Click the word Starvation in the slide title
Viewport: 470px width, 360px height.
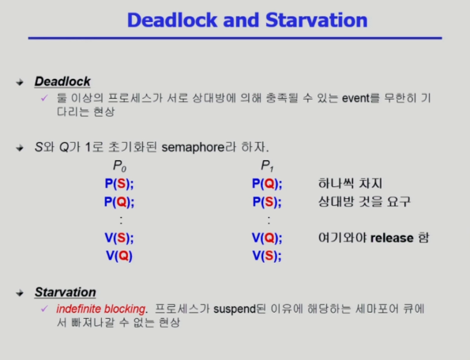316,21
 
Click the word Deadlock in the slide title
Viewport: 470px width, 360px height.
172,21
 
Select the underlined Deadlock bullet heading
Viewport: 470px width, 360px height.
62,81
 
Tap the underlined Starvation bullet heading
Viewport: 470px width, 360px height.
66,292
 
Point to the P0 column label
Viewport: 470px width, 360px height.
119,166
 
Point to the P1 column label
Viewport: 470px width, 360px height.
267,166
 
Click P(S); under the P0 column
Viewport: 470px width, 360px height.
119,184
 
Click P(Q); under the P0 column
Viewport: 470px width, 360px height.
119,202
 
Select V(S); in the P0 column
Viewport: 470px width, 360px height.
119,238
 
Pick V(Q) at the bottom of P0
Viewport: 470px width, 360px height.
119,256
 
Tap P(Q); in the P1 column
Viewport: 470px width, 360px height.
267,184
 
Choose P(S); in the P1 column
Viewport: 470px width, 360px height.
267,202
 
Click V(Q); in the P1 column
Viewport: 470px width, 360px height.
267,238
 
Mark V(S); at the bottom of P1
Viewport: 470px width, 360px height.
267,256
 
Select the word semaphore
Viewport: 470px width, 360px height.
193,148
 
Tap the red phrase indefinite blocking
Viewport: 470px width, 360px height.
101,309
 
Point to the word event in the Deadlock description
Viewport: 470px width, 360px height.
355,98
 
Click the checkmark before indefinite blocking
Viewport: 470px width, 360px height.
44,308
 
